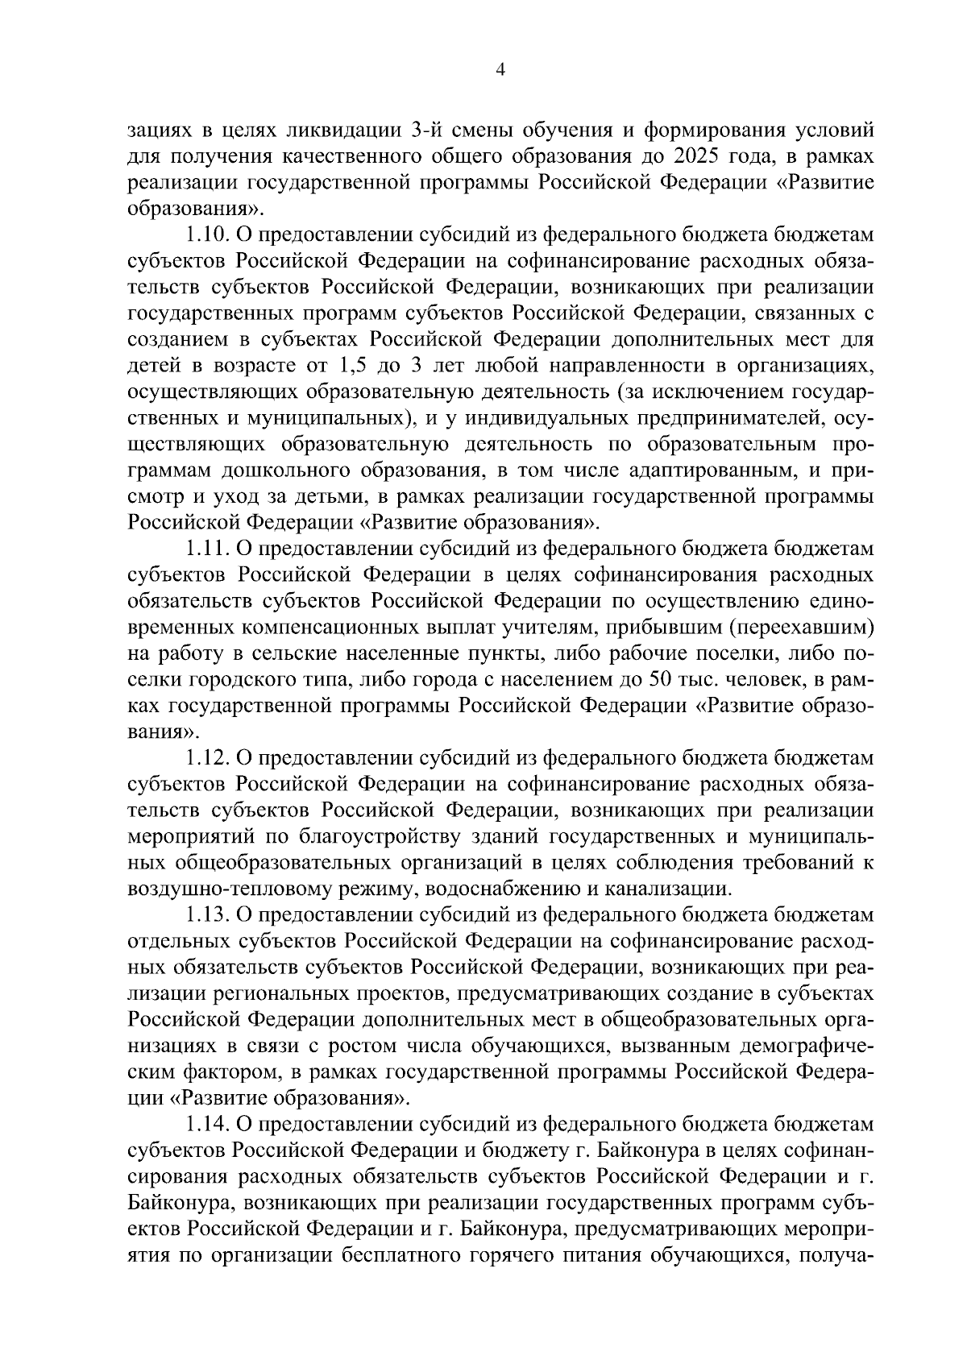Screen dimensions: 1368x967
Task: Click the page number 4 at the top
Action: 500,71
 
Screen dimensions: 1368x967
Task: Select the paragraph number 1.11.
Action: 208,549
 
